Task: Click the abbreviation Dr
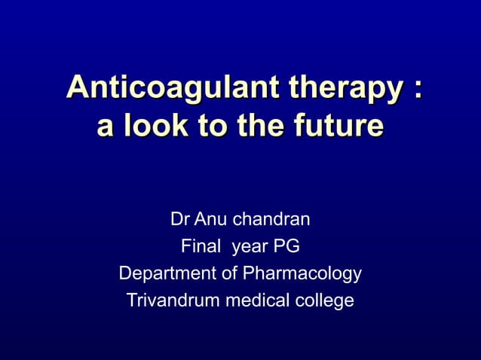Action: click(x=179, y=220)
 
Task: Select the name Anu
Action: click(x=210, y=220)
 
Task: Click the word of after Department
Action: click(x=225, y=273)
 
